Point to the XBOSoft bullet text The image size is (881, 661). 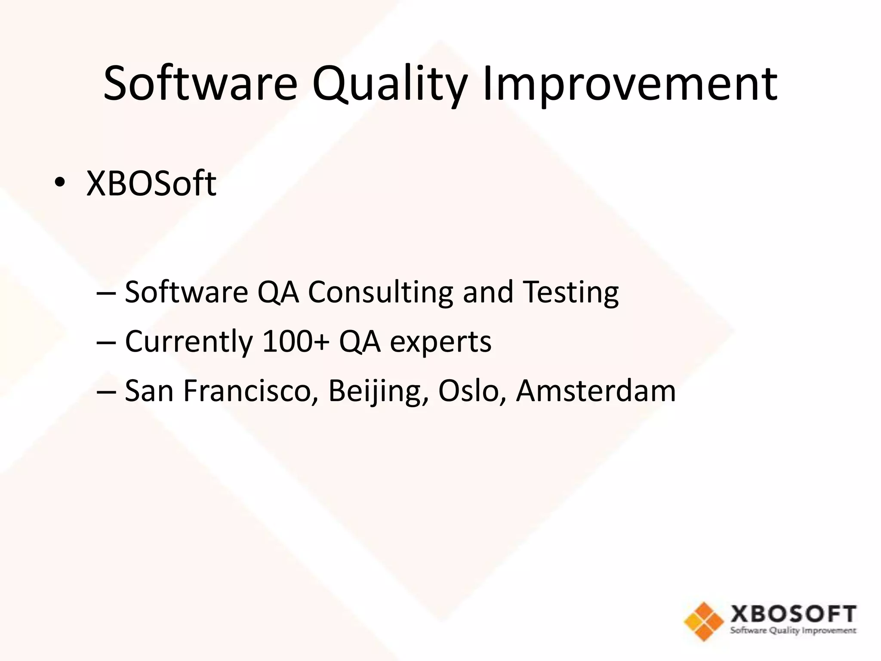(x=151, y=183)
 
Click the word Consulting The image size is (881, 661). (x=380, y=293)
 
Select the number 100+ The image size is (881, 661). (x=296, y=342)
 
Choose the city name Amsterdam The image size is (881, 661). (x=595, y=391)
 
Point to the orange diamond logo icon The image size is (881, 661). (x=704, y=621)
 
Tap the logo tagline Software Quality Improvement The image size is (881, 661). (x=793, y=631)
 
